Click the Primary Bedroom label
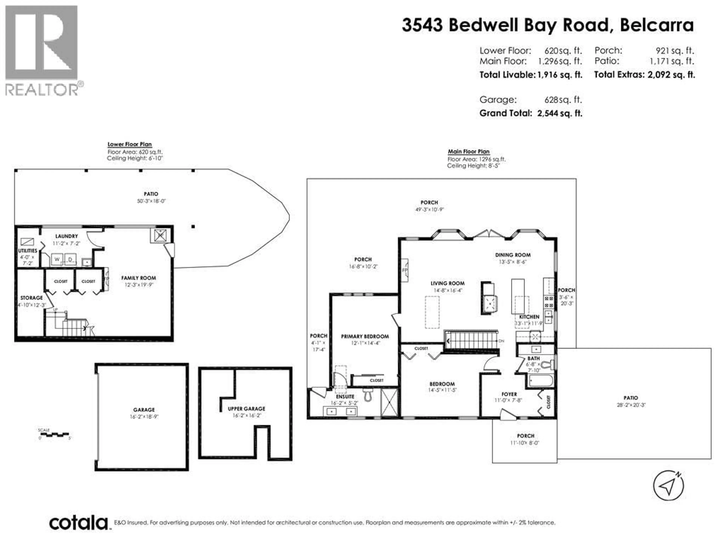click(365, 336)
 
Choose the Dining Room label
click(513, 255)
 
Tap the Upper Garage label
click(246, 409)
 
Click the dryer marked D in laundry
click(70, 259)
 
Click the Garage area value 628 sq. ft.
click(563, 100)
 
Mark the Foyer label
click(509, 394)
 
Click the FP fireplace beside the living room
click(405, 270)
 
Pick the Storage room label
click(32, 298)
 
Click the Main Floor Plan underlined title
click(468, 151)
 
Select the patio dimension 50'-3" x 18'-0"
click(151, 201)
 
